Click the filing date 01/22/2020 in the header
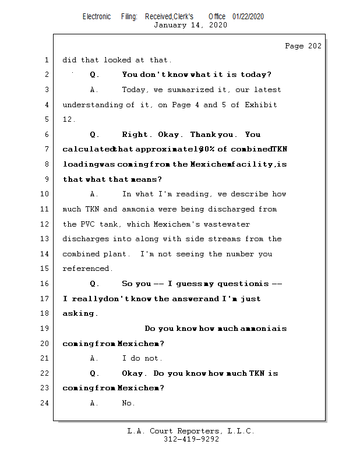[248, 16]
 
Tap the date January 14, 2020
[190, 25]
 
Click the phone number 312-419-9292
[190, 439]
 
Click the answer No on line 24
[128, 403]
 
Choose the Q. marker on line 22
[95, 373]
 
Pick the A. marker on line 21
[95, 358]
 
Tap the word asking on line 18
[79, 313]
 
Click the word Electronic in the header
[97, 16]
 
